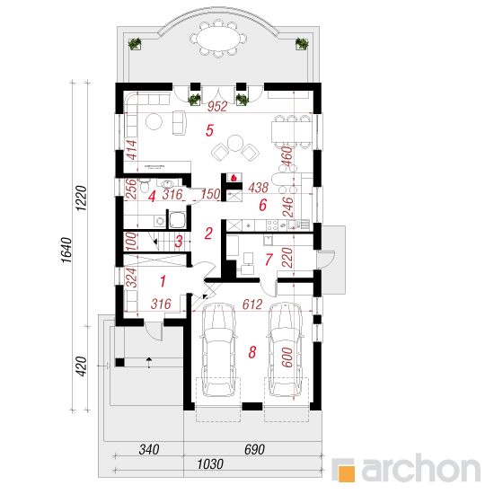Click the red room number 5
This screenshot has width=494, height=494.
click(209, 130)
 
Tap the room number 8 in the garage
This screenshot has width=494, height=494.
click(252, 352)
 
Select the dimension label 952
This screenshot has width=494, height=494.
click(217, 107)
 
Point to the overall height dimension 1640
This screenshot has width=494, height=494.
click(66, 250)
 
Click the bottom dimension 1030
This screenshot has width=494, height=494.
click(210, 464)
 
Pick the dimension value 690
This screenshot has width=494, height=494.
click(254, 449)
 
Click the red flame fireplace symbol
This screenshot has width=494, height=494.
click(234, 178)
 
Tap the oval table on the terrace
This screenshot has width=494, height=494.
click(217, 39)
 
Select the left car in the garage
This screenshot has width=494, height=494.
click(218, 349)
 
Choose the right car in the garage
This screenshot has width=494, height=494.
click(286, 349)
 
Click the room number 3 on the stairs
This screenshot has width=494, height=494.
click(179, 242)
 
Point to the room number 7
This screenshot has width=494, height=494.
click(269, 260)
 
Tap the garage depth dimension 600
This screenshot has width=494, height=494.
click(287, 357)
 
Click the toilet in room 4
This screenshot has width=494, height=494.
click(145, 185)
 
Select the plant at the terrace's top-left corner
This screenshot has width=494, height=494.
click(135, 43)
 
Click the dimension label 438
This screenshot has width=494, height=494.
click(258, 188)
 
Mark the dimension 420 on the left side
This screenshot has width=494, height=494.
click(81, 366)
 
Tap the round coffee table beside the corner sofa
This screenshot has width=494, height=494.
click(154, 121)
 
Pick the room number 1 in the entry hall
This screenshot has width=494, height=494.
click(163, 281)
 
